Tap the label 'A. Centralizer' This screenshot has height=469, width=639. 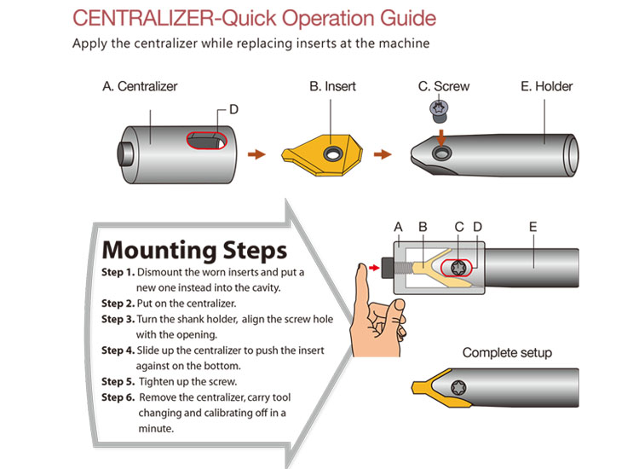140,86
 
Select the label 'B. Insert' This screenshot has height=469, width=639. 332,86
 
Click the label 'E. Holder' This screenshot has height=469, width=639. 546,86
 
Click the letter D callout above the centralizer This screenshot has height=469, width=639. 234,110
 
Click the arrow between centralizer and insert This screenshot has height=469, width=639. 255,154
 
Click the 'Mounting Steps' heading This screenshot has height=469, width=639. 194,250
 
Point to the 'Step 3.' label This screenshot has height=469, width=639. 118,319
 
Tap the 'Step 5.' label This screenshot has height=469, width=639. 118,381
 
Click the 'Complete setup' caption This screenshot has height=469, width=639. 507,352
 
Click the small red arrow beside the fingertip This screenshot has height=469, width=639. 375,267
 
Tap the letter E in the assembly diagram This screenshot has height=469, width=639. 532,227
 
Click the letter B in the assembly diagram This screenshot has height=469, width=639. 422,227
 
